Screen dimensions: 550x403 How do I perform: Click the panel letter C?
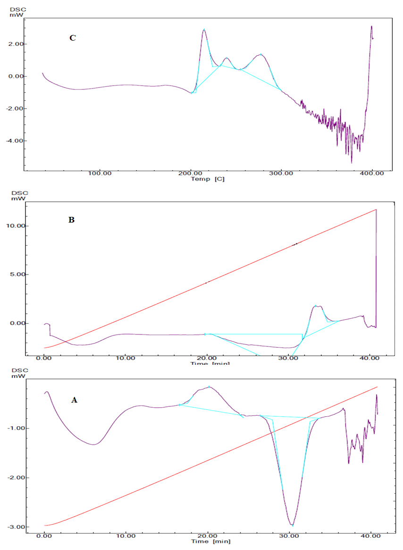click(x=73, y=38)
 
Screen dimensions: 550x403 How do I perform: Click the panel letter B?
click(x=72, y=220)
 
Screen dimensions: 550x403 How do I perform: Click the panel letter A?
click(x=74, y=400)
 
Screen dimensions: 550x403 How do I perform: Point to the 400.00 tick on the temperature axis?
click(x=371, y=173)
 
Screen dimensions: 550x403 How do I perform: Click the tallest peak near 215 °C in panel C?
click(x=204, y=29)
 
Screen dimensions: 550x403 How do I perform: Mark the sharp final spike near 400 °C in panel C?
click(x=371, y=26)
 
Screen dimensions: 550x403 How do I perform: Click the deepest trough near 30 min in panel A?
click(x=293, y=525)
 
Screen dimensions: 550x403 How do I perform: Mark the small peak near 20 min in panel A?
click(x=209, y=387)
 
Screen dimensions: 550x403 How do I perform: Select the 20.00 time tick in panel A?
click(x=208, y=537)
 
